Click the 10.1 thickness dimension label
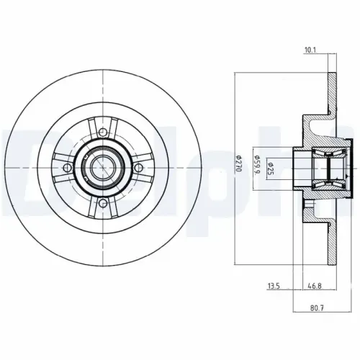[x=311, y=50]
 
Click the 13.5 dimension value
[x=272, y=287]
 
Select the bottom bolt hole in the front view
[x=103, y=204]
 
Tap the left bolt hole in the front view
[x=68, y=168]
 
